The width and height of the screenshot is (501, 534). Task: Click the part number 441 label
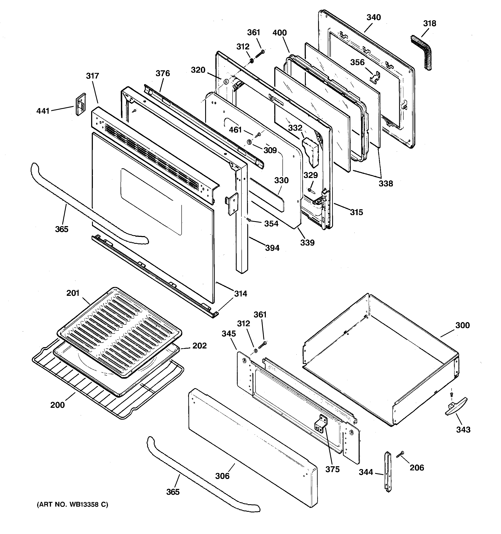coord(43,111)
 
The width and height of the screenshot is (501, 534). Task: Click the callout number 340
coord(374,17)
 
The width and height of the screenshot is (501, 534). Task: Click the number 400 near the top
coord(279,33)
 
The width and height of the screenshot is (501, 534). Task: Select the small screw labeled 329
coord(310,190)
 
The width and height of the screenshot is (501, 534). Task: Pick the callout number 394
coord(272,248)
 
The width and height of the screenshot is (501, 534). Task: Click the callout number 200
coord(57,405)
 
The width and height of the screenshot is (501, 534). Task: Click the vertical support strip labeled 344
coord(388,471)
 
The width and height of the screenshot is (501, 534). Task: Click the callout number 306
coord(222,476)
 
